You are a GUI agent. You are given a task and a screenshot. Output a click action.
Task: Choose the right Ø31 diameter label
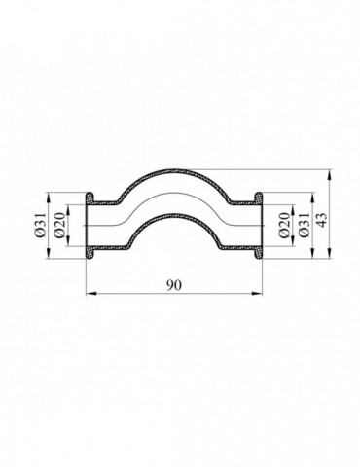click(x=305, y=224)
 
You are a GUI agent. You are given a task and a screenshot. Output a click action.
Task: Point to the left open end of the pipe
click(x=89, y=226)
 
